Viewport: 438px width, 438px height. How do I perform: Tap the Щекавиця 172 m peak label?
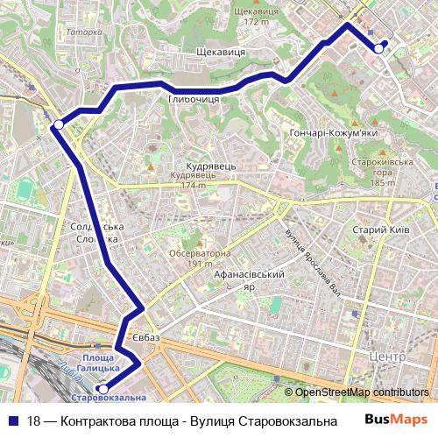coord(250,16)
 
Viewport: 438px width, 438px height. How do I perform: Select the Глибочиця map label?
coord(193,99)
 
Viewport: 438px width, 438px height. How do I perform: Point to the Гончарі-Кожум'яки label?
coord(332,132)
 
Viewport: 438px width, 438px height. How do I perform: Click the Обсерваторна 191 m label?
coord(200,258)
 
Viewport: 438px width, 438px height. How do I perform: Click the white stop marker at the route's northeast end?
coord(378,48)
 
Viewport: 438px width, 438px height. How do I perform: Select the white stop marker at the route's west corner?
coord(58,124)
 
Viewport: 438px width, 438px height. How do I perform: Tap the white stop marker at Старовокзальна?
coord(102,388)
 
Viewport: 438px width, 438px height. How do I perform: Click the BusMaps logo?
coord(396,420)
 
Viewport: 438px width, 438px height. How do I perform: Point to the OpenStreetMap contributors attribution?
coord(362,392)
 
